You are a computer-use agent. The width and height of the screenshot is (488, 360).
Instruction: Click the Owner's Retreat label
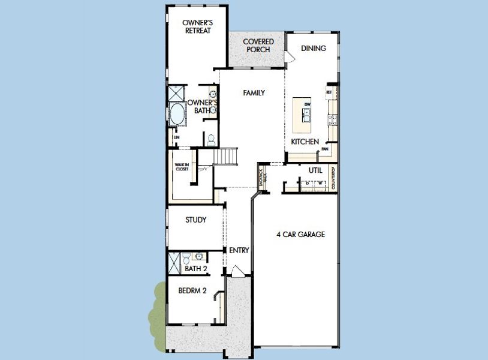(197, 26)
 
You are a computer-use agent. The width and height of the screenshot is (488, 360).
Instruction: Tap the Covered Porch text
(258, 46)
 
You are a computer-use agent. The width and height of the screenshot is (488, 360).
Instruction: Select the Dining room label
(314, 48)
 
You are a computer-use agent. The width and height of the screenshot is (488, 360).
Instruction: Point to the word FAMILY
(254, 93)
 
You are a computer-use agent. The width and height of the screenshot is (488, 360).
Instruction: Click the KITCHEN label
(305, 142)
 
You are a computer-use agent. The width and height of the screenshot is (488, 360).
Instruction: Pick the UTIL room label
(315, 170)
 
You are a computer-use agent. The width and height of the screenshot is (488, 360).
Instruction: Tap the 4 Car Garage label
(300, 234)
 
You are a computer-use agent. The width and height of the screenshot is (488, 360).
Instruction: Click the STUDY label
(195, 220)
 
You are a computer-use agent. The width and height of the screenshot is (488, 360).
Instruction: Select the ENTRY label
(239, 250)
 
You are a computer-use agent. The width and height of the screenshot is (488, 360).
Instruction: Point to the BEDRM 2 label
(192, 291)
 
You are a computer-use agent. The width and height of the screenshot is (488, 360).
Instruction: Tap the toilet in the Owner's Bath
(210, 139)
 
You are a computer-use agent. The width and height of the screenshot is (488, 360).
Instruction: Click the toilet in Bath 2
(186, 259)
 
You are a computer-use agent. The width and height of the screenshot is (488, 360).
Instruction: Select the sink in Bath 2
(198, 256)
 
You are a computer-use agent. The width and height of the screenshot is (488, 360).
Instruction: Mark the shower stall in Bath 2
(174, 263)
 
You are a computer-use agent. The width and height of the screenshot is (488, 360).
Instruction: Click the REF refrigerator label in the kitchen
(329, 92)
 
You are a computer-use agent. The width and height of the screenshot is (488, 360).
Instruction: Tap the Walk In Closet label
(182, 167)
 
